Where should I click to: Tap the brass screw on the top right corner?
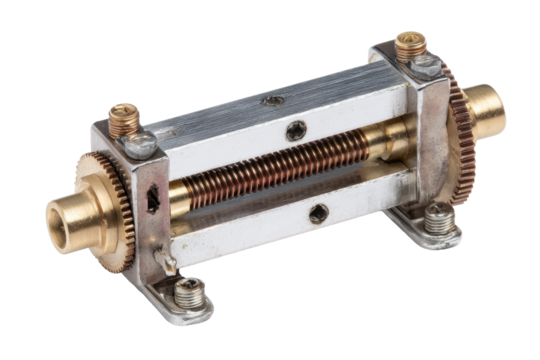409,42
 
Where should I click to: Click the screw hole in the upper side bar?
296,130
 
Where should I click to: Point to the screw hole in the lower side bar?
318,212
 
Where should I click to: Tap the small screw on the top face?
274,100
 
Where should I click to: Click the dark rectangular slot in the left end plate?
152,199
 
